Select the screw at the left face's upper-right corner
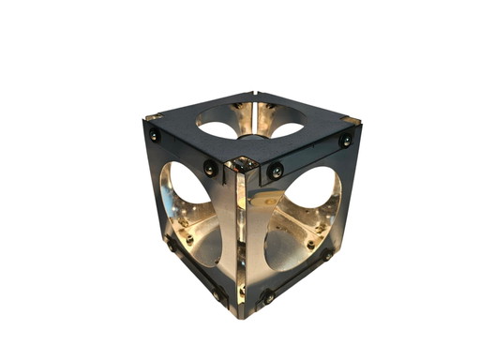click(211, 170)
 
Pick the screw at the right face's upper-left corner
click(276, 171)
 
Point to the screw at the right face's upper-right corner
click(345, 140)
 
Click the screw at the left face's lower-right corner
click(218, 294)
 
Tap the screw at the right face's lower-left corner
click(268, 296)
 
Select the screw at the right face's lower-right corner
click(328, 254)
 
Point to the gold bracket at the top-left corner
click(153, 117)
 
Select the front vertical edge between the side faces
click(242, 239)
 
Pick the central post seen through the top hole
click(250, 136)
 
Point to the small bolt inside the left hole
click(190, 239)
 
